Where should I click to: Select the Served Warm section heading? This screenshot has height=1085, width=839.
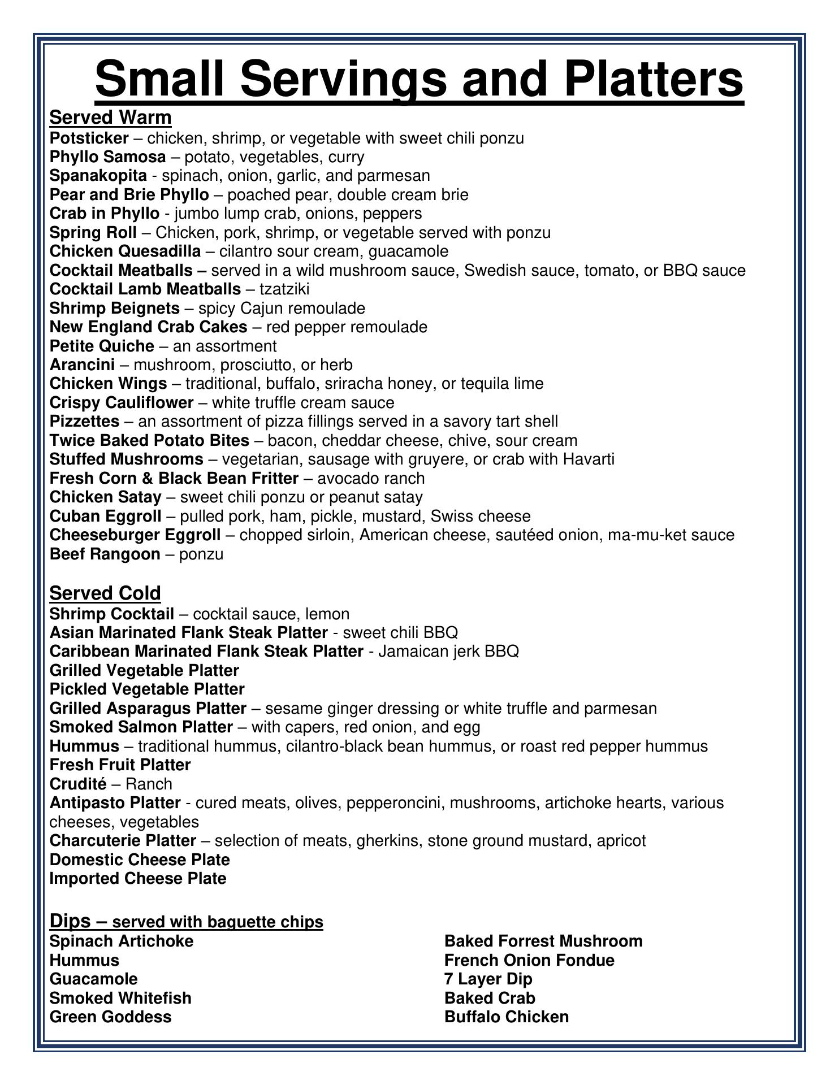click(110, 117)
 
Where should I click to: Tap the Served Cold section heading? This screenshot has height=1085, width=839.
click(105, 593)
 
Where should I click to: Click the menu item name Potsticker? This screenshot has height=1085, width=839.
click(89, 138)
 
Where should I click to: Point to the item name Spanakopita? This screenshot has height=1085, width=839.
click(98, 176)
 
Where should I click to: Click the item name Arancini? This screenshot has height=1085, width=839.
click(82, 365)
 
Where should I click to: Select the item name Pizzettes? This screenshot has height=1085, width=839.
click(84, 422)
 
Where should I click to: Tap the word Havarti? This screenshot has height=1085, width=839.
click(589, 459)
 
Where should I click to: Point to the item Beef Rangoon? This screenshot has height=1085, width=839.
click(105, 554)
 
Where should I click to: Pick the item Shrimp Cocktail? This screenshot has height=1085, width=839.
click(112, 614)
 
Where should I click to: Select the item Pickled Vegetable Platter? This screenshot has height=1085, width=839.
click(147, 689)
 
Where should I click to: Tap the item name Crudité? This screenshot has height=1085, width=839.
click(78, 784)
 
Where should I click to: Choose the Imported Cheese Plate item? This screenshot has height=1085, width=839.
click(138, 879)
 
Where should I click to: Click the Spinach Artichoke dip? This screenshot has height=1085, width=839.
click(122, 941)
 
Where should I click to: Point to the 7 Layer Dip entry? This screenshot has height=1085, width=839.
click(488, 979)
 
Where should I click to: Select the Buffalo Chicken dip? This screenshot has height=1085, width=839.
click(507, 1017)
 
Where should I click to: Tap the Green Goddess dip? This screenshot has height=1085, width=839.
click(110, 1017)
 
